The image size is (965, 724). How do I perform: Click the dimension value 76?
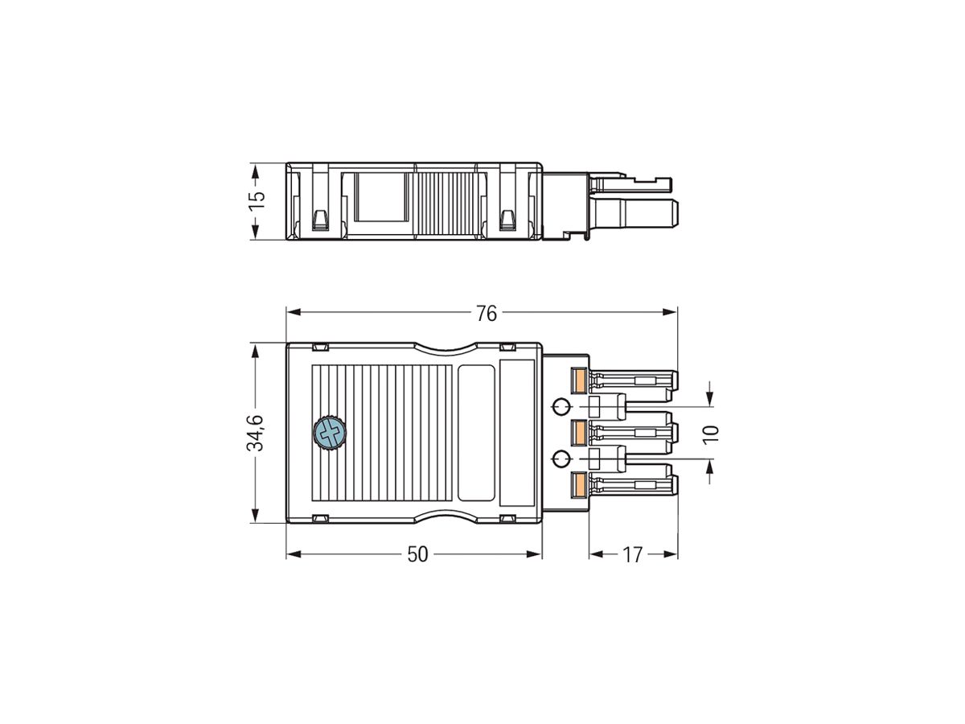pos(487,313)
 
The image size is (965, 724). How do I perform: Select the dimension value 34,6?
pos(255,433)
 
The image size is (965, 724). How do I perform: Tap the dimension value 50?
pos(417,554)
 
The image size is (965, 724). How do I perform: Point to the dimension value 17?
pos(633,554)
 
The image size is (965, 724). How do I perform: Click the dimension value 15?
pos(255,201)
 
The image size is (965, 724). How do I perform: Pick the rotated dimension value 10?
pos(710,433)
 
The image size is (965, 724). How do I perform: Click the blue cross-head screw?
pos(328,434)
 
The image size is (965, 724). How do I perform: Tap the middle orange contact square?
pos(578,434)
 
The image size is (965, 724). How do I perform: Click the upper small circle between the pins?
pos(562,405)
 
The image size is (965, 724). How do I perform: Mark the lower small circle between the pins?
pos(562,459)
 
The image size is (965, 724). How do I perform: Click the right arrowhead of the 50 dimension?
pos(536,554)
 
